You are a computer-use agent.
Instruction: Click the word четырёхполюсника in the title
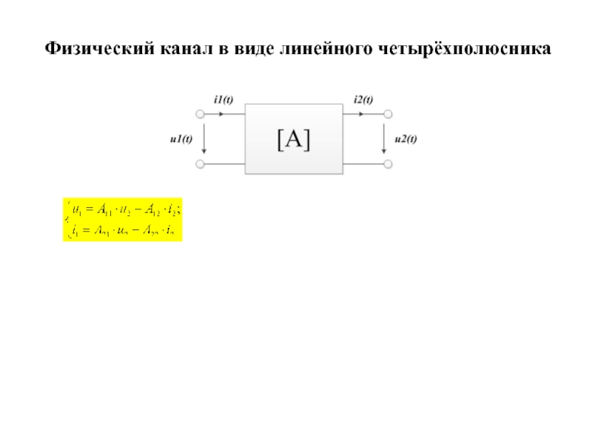[465, 50]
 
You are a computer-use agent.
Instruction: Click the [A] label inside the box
[294, 139]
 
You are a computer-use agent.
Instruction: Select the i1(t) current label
[223, 101]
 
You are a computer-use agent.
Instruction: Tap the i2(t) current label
[363, 101]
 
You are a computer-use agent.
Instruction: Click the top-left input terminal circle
[199, 115]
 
